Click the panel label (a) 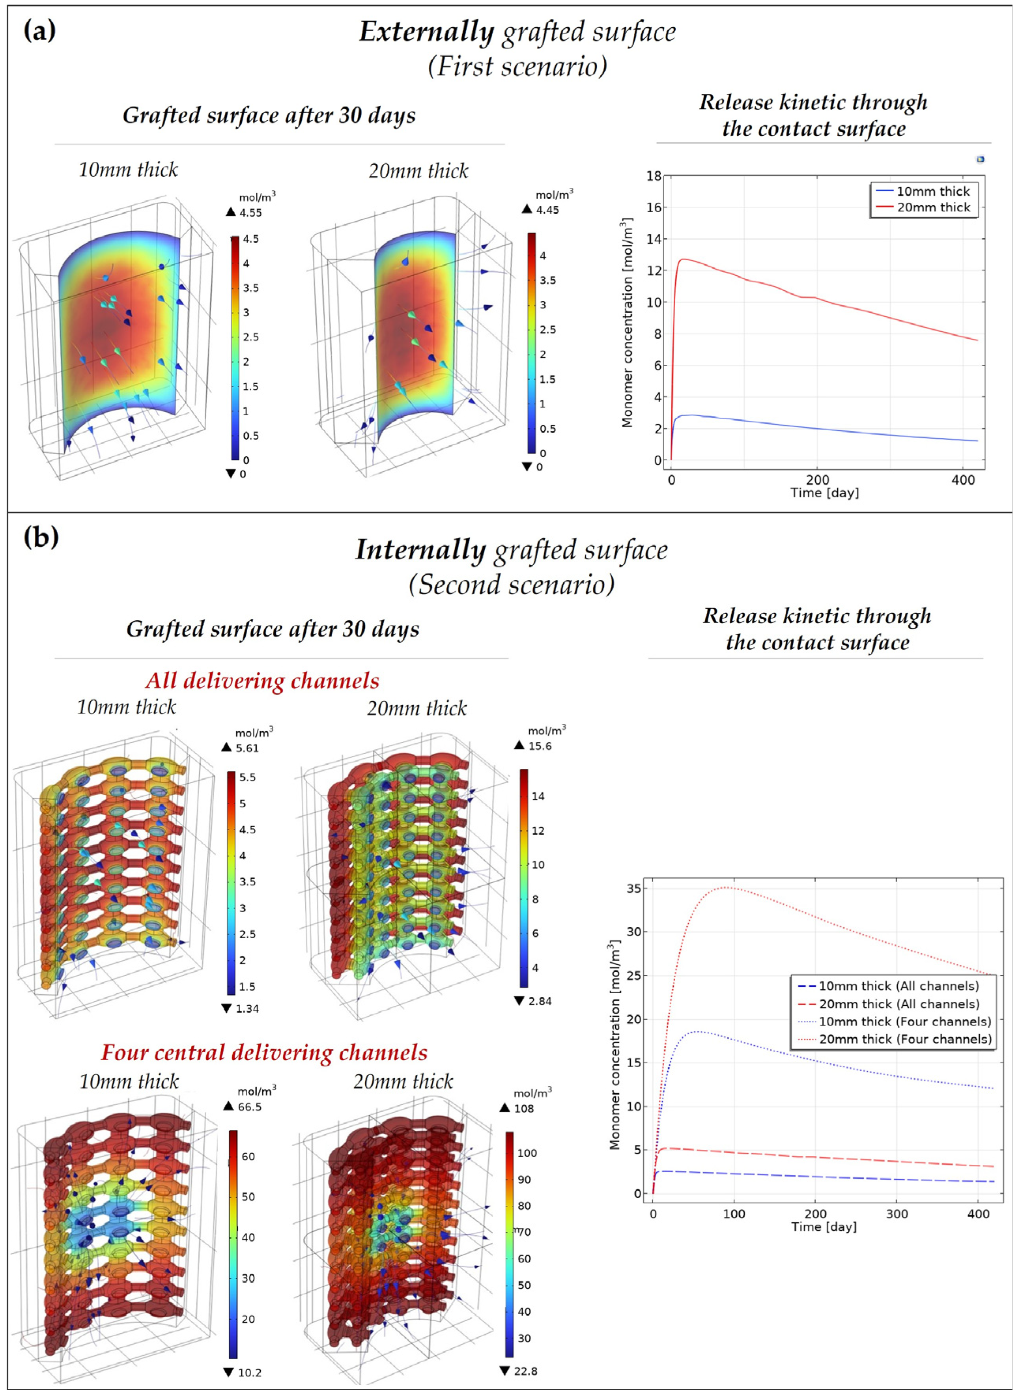click(39, 30)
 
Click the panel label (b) click(41, 537)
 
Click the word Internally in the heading click(421, 550)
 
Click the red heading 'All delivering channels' click(263, 680)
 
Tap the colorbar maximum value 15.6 click(540, 746)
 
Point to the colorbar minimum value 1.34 click(247, 1009)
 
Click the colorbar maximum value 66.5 click(250, 1107)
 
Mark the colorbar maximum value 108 click(524, 1109)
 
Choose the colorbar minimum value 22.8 click(525, 1371)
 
